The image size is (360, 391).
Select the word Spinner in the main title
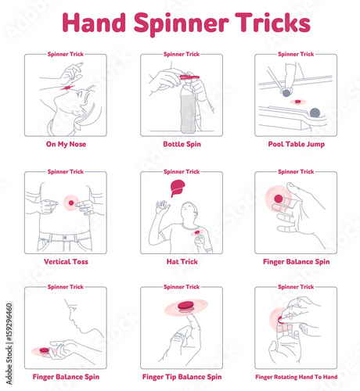(x=173, y=23)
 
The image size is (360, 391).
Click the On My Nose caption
(x=66, y=145)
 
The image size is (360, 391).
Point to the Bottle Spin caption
(x=182, y=145)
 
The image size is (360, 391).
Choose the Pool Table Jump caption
(x=296, y=145)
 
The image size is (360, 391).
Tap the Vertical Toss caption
(x=66, y=262)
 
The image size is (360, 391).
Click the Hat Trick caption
(x=182, y=262)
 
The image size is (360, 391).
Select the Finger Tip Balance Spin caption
(x=182, y=377)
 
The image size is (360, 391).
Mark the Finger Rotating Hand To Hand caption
(x=296, y=377)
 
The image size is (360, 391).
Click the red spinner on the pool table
(x=297, y=102)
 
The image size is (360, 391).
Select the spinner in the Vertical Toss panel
(x=71, y=203)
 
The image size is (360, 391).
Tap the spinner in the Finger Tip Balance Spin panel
(x=185, y=306)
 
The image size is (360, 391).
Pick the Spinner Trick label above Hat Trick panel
(x=182, y=171)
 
